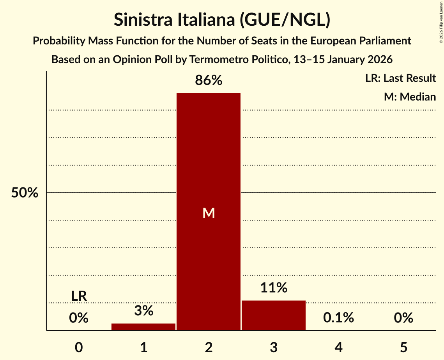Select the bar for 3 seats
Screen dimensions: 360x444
tap(273, 315)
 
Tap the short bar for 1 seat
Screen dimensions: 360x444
tap(143, 326)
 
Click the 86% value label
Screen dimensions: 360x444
tap(209, 80)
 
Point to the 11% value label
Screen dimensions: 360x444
tap(273, 288)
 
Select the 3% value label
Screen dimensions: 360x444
tap(143, 311)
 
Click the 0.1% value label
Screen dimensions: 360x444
tap(338, 318)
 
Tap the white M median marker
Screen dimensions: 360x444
tap(209, 213)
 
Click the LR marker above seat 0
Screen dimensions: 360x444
tap(79, 296)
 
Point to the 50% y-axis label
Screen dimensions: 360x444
tap(25, 193)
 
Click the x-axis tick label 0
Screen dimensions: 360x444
tap(79, 347)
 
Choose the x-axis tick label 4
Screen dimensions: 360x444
tap(338, 347)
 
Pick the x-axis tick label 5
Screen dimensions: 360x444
tap(403, 347)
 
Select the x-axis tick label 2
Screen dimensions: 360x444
tap(209, 347)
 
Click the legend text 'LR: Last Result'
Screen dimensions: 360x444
tap(400, 78)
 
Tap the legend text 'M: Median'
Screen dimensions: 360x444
tap(410, 97)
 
